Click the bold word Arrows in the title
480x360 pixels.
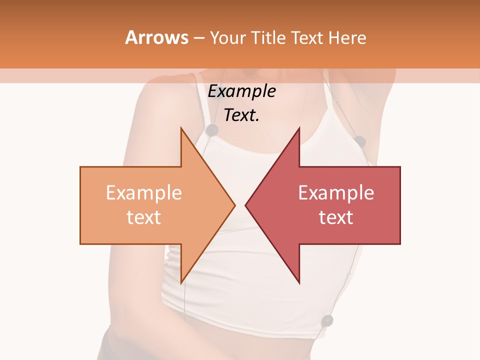pos(157,37)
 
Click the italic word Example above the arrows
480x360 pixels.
pos(241,91)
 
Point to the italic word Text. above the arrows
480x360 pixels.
pos(241,115)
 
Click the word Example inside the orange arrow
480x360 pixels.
pos(144,193)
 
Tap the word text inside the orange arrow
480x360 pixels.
pos(144,217)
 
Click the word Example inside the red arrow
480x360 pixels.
pos(336,193)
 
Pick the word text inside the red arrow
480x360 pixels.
pos(336,217)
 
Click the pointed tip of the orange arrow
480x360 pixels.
pos(234,205)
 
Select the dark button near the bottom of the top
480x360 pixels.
pos(327,319)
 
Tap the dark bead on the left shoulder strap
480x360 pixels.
pos(212,130)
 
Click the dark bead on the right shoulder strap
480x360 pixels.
pos(360,141)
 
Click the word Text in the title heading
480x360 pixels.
pos(306,37)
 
